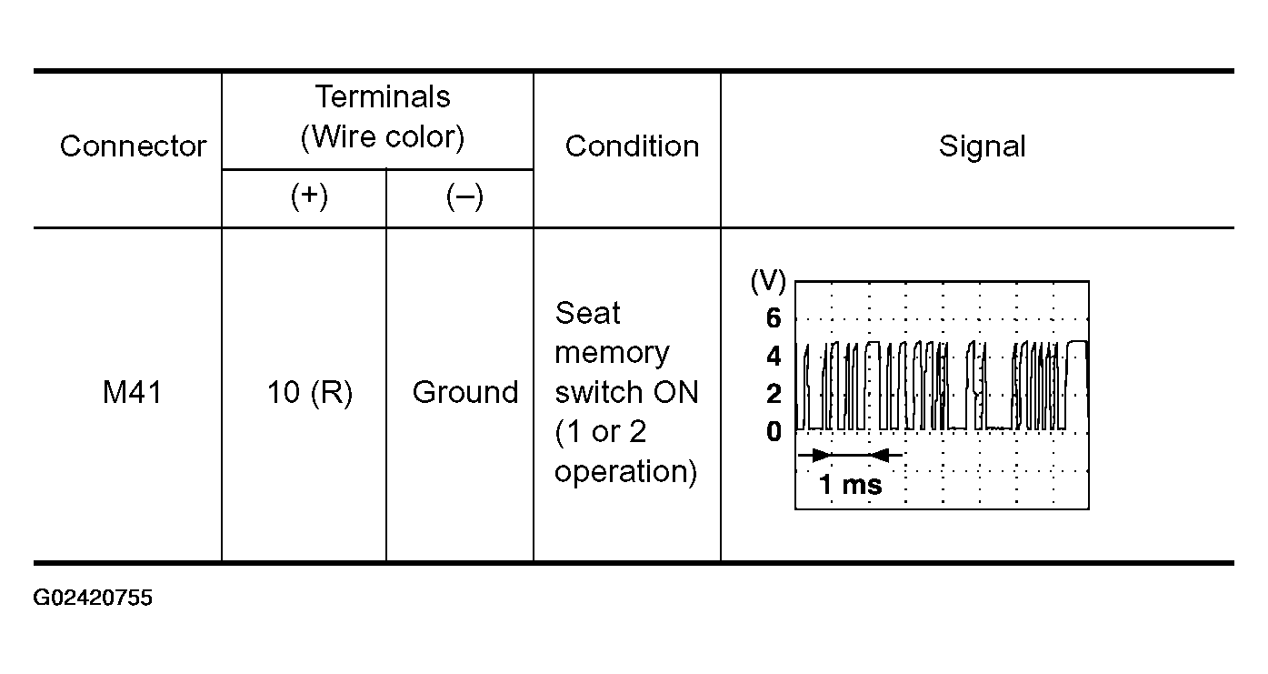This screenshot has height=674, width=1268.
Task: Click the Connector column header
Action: [133, 146]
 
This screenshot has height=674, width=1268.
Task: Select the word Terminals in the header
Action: [383, 96]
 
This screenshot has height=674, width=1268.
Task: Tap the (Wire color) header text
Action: [383, 137]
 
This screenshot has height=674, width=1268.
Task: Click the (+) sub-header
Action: [309, 196]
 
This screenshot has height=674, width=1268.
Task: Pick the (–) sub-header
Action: [464, 197]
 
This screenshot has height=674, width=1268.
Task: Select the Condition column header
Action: [633, 146]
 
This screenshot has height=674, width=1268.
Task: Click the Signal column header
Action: [983, 146]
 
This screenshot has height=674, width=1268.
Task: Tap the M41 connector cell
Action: [133, 392]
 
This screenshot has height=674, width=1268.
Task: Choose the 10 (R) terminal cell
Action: [310, 393]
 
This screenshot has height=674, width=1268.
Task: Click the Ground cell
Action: [465, 392]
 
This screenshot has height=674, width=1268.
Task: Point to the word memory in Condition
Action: [612, 354]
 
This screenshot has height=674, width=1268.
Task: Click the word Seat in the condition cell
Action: [587, 313]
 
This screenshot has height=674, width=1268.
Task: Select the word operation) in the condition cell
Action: [625, 472]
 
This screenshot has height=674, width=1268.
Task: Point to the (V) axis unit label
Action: [768, 281]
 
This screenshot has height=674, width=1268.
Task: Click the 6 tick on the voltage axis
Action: [774, 318]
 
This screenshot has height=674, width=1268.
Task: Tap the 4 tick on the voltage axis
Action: [774, 357]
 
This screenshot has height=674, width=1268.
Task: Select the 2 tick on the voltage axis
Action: [774, 394]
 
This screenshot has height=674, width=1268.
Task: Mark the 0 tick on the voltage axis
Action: [774, 431]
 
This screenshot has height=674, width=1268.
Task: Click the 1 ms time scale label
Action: [850, 485]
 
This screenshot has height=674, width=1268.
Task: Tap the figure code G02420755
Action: [93, 599]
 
